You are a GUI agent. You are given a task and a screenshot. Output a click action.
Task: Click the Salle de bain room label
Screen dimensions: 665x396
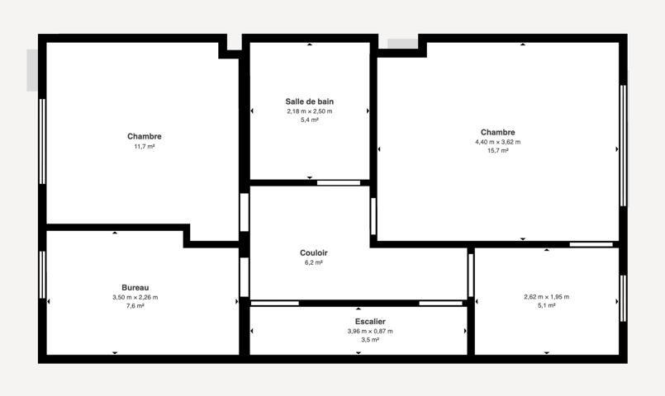coord(310,101)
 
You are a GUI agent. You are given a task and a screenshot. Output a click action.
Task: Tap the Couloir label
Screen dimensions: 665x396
coord(313,252)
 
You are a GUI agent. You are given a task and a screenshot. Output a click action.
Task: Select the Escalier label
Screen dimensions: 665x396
coord(370,322)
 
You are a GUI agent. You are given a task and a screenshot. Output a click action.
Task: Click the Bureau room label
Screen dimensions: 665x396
coord(135,288)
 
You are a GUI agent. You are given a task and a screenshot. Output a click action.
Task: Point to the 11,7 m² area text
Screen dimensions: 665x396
coord(145,147)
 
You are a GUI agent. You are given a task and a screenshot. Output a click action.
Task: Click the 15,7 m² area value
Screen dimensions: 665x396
coord(498,151)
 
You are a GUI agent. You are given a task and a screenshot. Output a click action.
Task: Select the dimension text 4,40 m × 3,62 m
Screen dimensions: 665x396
coord(498,142)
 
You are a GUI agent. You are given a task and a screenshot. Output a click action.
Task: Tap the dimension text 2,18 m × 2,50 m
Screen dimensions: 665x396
coord(310,111)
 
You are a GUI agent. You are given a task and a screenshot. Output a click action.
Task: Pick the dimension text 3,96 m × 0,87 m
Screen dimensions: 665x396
coord(370,331)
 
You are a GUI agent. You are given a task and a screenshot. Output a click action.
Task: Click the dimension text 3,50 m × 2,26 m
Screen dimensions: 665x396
coord(135,297)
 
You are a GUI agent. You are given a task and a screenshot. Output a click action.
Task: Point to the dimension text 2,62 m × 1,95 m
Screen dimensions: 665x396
coord(547,297)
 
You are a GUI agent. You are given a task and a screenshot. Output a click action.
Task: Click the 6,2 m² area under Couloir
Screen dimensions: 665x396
coord(313,262)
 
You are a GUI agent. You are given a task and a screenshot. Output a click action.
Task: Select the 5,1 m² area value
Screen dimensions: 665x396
coord(547,305)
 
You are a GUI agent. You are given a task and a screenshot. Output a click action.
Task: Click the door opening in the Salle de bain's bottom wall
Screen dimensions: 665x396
coord(339,183)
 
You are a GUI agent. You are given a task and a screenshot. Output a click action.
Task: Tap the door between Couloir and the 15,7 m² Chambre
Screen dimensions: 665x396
coord(373,216)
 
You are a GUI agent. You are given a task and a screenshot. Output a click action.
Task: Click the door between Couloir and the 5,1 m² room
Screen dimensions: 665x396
coord(471,276)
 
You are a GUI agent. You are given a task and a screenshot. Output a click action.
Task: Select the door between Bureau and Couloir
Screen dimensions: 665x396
coord(245,277)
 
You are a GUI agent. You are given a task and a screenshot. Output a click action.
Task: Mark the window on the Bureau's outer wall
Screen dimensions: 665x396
coord(42,275)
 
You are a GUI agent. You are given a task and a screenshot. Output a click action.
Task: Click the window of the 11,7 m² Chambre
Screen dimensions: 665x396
coord(42,141)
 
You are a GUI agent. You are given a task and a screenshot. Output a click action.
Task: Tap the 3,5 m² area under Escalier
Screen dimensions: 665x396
coord(370,340)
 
